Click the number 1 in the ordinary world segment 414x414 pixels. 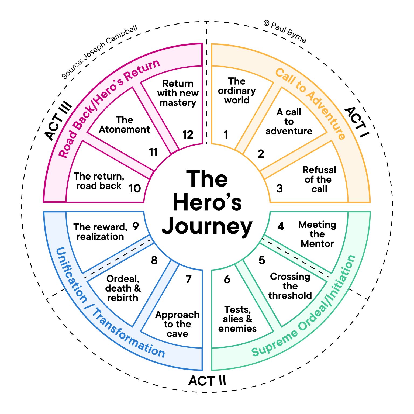click(226, 134)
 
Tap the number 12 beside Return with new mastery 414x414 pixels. click(188, 134)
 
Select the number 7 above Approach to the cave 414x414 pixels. click(188, 279)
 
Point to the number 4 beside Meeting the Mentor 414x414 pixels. click(281, 226)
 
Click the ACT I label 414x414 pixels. click(357, 122)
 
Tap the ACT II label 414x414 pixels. click(207, 381)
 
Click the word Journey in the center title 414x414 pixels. click(207, 226)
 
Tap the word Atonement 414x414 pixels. click(124, 130)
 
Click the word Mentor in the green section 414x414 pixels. click(317, 244)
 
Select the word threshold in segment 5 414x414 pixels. click(290, 295)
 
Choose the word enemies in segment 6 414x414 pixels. click(237, 329)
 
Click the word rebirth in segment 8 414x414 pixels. click(123, 298)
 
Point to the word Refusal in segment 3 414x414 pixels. click(319, 170)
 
